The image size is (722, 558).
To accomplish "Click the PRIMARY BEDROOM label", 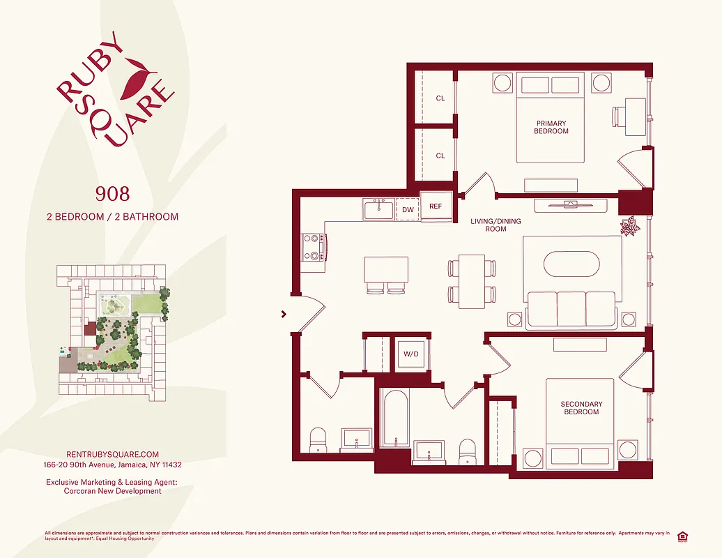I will coord(551,127).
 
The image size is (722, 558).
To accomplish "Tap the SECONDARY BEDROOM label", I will coord(581,408).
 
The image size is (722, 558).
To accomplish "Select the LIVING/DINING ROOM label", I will coord(496,225).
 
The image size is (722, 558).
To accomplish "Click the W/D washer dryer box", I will coord(410,353).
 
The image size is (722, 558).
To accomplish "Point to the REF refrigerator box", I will coord(436,206).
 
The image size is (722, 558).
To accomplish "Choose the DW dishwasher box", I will coord(408,209).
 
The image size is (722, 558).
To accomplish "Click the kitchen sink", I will coord(378,209).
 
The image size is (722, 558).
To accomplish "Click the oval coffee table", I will coord(571,265).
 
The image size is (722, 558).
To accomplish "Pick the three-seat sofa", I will coord(571,308).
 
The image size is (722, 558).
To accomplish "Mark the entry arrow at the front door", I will coord(284,315).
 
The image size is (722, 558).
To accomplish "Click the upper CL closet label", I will coord(440,98).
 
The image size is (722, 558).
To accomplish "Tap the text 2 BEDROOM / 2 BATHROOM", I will coord(112,217).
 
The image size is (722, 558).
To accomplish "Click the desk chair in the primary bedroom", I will coord(620,115).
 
